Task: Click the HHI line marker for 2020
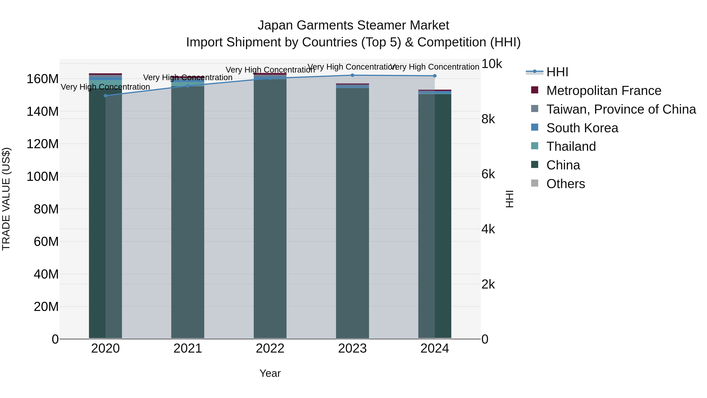click(x=105, y=96)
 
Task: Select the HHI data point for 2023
click(x=352, y=75)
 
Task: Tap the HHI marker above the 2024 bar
click(x=435, y=76)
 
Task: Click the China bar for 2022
click(x=270, y=209)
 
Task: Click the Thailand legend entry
click(x=571, y=146)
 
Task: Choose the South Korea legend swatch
click(x=535, y=127)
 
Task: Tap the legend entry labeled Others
click(x=565, y=184)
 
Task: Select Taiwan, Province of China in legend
click(x=621, y=109)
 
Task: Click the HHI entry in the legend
click(x=557, y=72)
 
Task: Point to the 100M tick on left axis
click(x=43, y=176)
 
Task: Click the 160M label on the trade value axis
click(x=43, y=79)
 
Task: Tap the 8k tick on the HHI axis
click(x=488, y=119)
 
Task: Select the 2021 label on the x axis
click(x=188, y=348)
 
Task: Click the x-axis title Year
click(x=270, y=373)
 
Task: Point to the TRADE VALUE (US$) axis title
click(x=6, y=199)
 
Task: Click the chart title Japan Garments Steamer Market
click(x=353, y=25)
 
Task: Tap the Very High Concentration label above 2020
click(x=105, y=87)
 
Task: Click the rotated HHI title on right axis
click(x=509, y=199)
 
